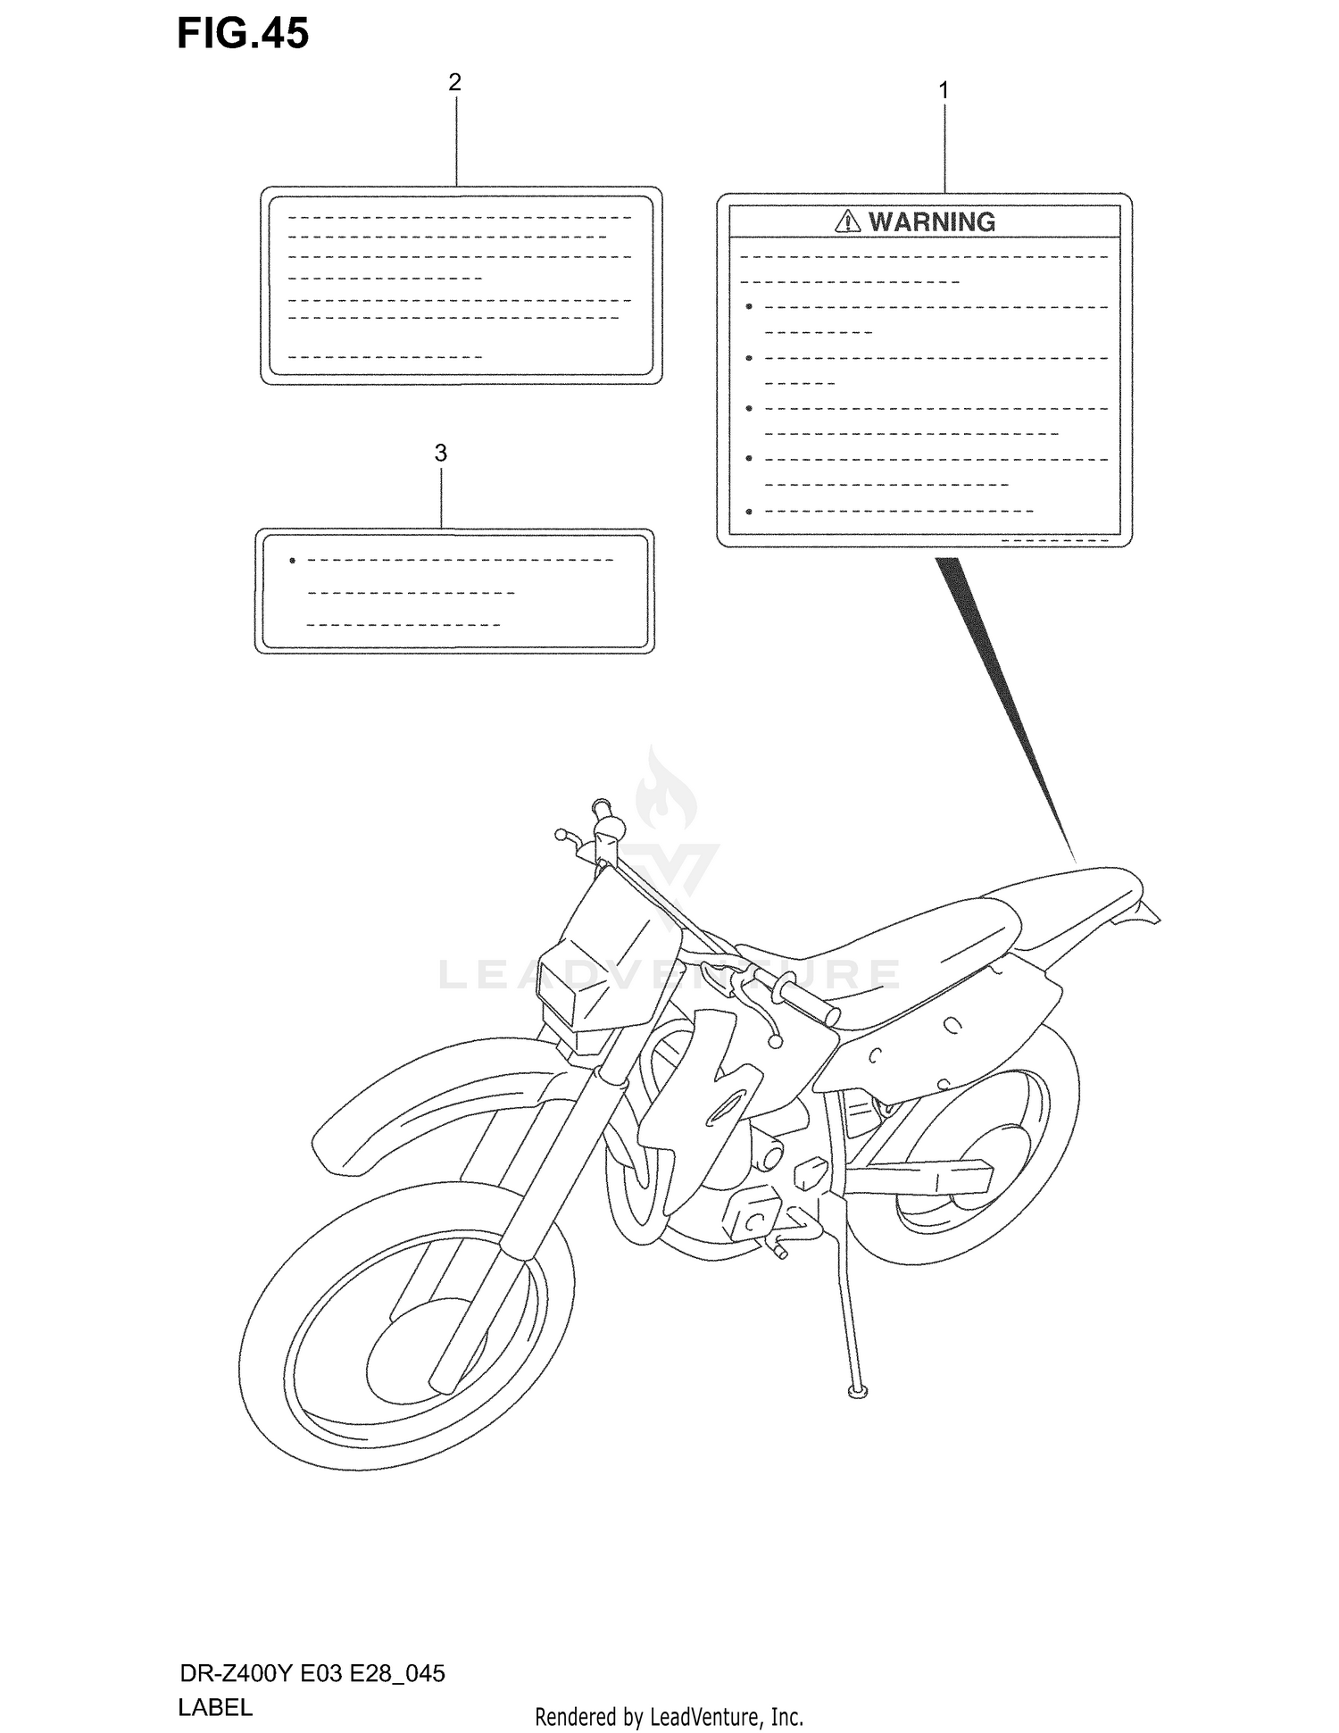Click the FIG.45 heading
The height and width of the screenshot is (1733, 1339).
(243, 35)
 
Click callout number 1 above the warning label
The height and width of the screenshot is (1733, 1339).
(944, 90)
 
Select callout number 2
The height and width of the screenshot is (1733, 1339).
(454, 82)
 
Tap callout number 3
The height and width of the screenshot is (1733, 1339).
(440, 454)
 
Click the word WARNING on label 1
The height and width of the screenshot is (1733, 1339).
(932, 221)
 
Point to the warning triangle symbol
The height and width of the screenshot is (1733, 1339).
(847, 221)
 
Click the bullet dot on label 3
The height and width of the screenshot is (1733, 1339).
(292, 561)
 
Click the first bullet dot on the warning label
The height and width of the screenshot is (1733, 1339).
(749, 307)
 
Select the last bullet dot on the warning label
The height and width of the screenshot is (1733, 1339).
(749, 512)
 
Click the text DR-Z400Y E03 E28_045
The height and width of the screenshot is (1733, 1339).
(311, 1673)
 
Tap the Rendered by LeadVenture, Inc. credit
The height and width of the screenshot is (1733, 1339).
(669, 1716)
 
